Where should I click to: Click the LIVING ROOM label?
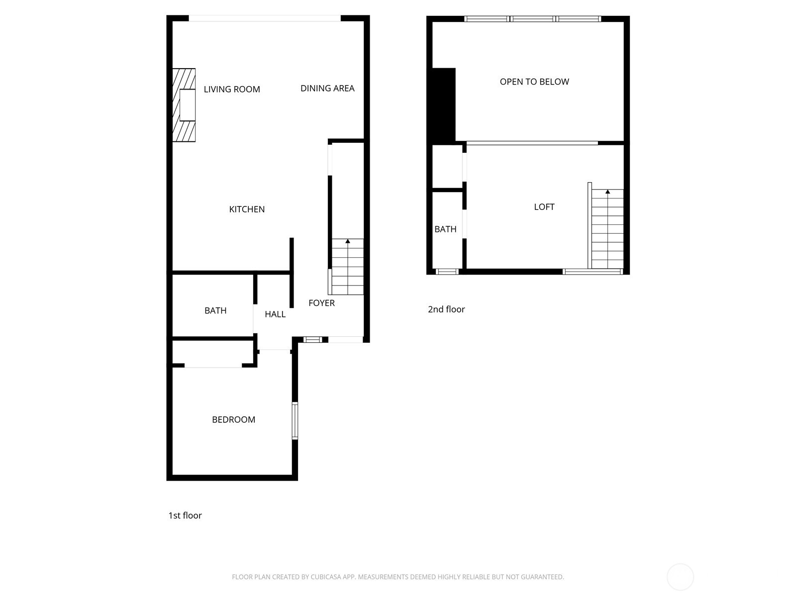(x=232, y=90)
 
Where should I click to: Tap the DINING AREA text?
(x=327, y=89)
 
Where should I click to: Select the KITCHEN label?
(x=247, y=209)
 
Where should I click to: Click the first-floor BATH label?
(x=215, y=310)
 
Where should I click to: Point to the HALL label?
(x=275, y=314)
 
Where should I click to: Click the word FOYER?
(x=321, y=303)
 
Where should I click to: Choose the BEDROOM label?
(x=233, y=420)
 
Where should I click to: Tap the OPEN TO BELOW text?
(x=534, y=82)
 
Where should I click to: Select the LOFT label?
(x=544, y=207)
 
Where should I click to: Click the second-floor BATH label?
(x=445, y=229)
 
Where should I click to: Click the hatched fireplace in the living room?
(x=184, y=105)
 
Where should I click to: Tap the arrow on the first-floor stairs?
(x=348, y=242)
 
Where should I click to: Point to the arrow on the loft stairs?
(x=607, y=192)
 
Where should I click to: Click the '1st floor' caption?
(x=185, y=515)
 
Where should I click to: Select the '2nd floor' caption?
(x=446, y=309)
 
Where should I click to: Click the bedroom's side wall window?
(x=295, y=421)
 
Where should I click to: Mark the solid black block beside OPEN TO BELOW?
(x=444, y=105)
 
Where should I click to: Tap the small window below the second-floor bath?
(x=447, y=272)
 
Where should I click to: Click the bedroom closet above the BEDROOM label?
(x=213, y=353)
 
